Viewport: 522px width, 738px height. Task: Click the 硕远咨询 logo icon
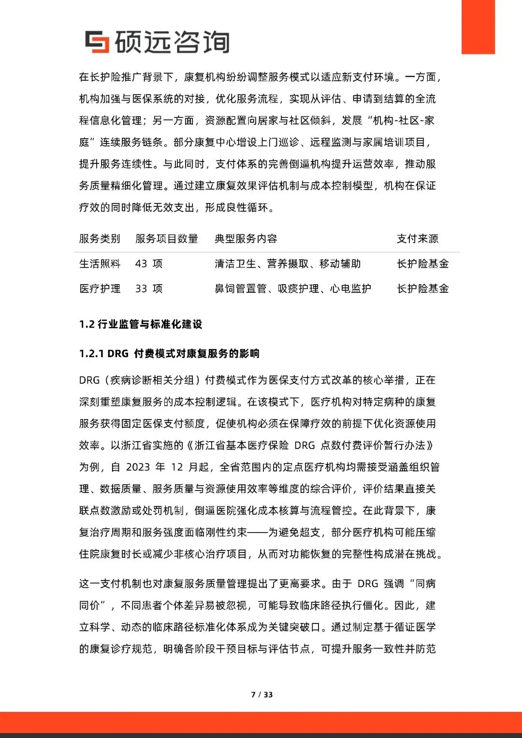tap(97, 42)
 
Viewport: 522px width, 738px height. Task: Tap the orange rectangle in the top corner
tap(478, 27)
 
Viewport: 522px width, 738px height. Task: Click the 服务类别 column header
tap(100, 239)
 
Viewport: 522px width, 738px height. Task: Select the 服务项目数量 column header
tap(167, 239)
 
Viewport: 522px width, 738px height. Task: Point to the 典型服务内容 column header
tap(246, 239)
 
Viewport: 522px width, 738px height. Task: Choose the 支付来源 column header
tap(418, 239)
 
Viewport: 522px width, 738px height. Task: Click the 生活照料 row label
tap(100, 264)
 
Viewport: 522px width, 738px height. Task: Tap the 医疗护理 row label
tap(100, 289)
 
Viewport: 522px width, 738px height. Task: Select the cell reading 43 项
tap(149, 264)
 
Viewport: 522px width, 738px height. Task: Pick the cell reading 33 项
tap(149, 289)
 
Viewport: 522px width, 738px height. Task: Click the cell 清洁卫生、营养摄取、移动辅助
tap(288, 264)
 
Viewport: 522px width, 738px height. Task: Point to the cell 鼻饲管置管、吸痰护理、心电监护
tap(293, 289)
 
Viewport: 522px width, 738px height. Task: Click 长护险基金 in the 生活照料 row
tap(423, 264)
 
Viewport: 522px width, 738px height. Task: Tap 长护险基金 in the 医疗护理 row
tap(423, 289)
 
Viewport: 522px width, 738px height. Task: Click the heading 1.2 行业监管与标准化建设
tap(141, 324)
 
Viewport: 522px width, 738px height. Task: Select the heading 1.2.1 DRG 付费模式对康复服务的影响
tap(169, 354)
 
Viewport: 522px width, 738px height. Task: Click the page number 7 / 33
tap(262, 695)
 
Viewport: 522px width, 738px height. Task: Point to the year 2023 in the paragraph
tap(138, 467)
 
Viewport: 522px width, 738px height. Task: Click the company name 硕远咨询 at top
tap(172, 42)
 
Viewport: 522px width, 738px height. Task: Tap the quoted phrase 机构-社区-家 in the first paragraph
tap(404, 121)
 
